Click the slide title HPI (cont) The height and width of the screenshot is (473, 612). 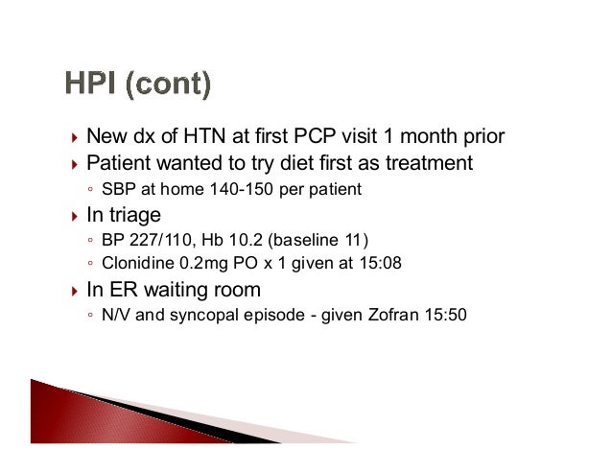pyautogui.click(x=138, y=84)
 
